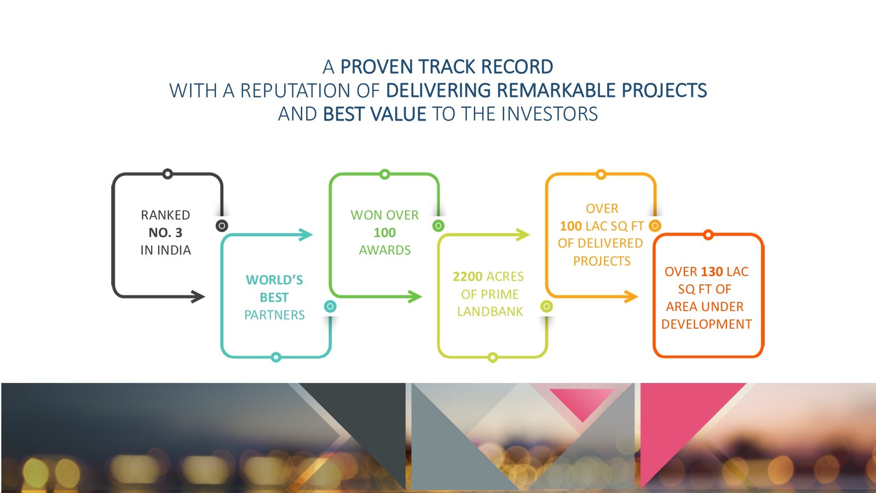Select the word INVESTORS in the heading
[x=549, y=114]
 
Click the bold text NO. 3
[x=165, y=232]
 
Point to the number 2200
[x=468, y=276]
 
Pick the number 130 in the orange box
[x=711, y=271]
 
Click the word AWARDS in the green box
[x=385, y=250]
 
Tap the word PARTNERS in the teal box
[x=274, y=314]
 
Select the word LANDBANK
[x=490, y=311]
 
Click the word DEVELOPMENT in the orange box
[x=706, y=324]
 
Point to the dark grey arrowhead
[x=198, y=296]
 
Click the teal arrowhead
[x=306, y=234]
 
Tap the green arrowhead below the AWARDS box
[x=414, y=296]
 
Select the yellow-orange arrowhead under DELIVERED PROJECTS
[x=631, y=296]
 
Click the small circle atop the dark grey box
[x=168, y=174]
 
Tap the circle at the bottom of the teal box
[x=276, y=357]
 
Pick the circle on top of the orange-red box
[x=708, y=235]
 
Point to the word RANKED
[x=165, y=215]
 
